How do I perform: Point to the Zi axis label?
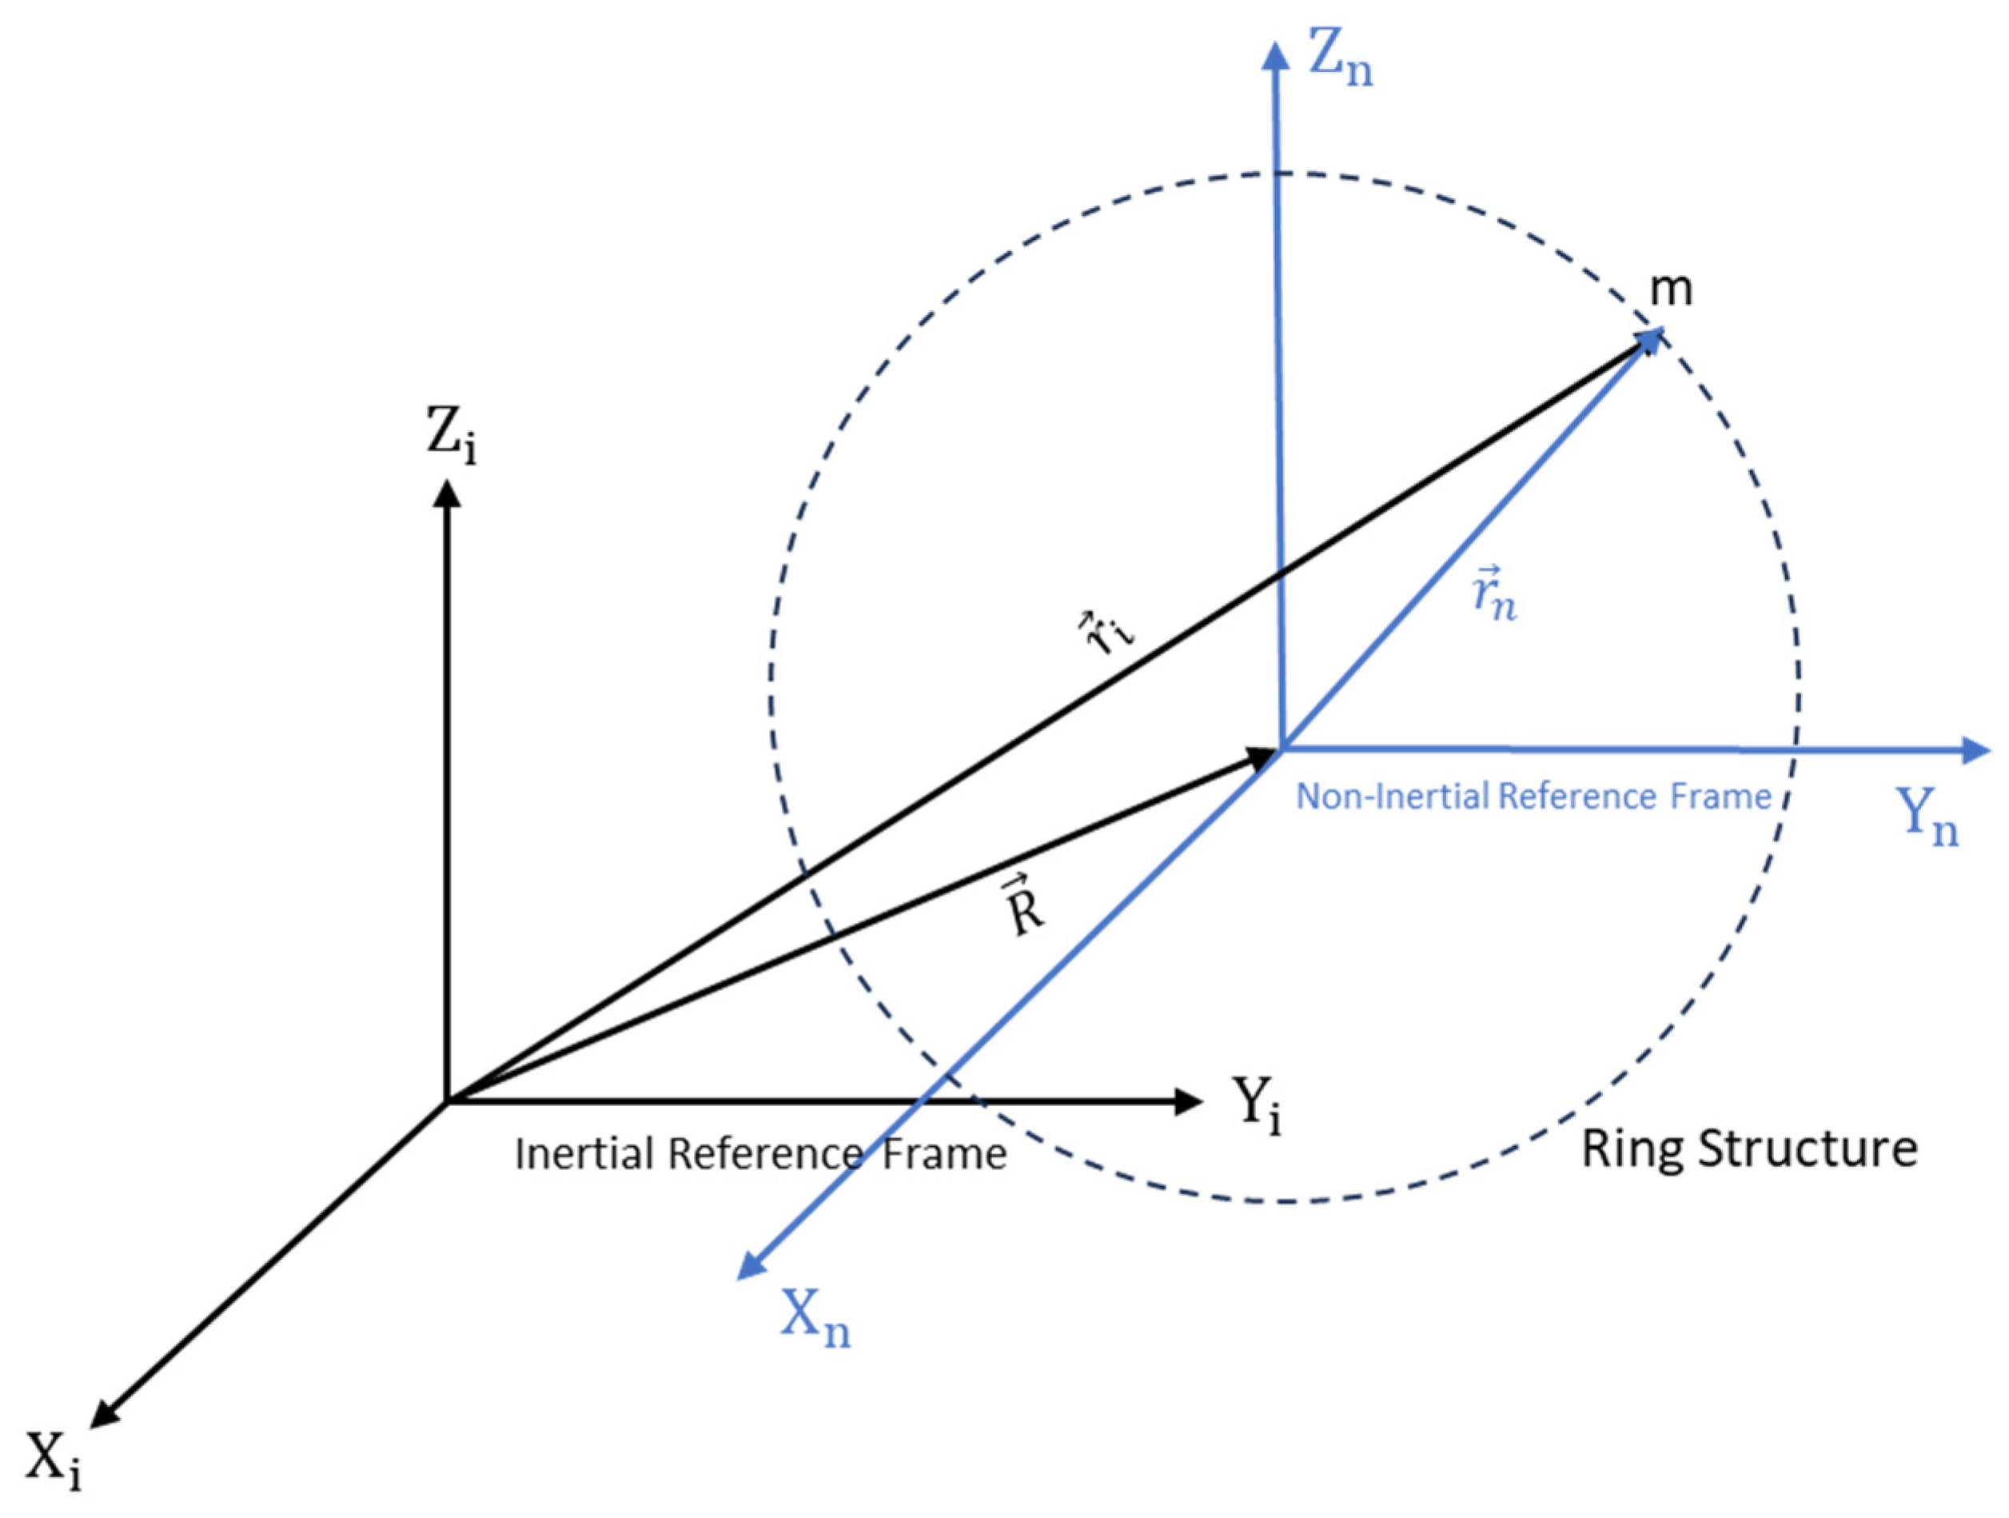[452, 434]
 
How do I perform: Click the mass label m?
[1670, 289]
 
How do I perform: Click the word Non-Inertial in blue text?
[1390, 797]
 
